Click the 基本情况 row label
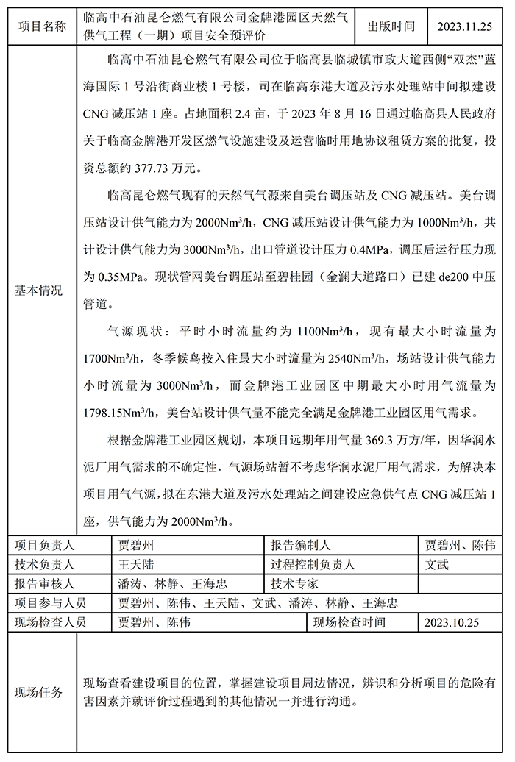coord(40,291)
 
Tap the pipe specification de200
coord(423,279)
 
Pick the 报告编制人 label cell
coord(300,545)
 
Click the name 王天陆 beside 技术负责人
coord(137,565)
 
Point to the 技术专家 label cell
coord(294,584)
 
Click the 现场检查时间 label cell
coord(349,622)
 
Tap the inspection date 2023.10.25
coord(452,622)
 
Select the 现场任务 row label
coord(40,693)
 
